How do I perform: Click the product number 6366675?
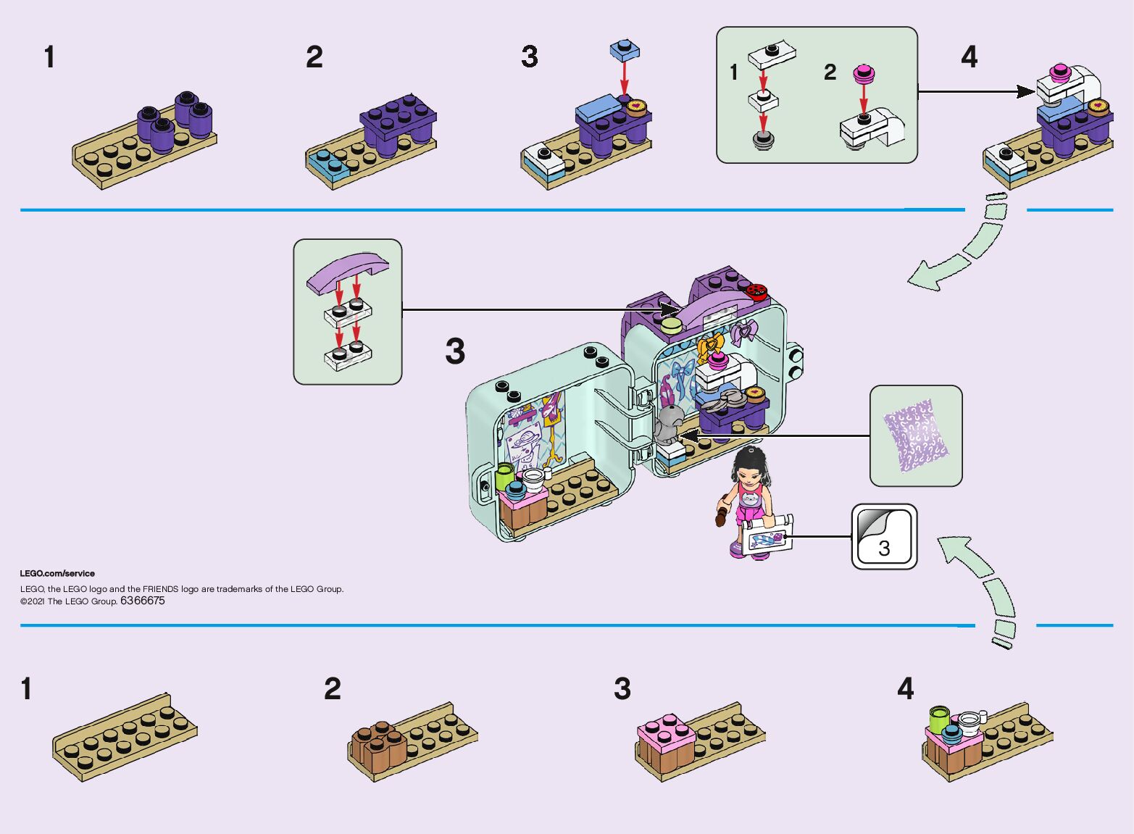coord(143,601)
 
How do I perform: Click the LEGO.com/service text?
coord(57,573)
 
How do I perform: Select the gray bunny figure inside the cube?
coord(668,424)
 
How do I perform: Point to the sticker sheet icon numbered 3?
coord(883,537)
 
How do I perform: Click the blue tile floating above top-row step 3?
coord(625,50)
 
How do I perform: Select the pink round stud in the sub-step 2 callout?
coord(862,72)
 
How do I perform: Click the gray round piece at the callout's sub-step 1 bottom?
coord(762,140)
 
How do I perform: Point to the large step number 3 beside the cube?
coord(455,351)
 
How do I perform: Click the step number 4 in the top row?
coord(969,57)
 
